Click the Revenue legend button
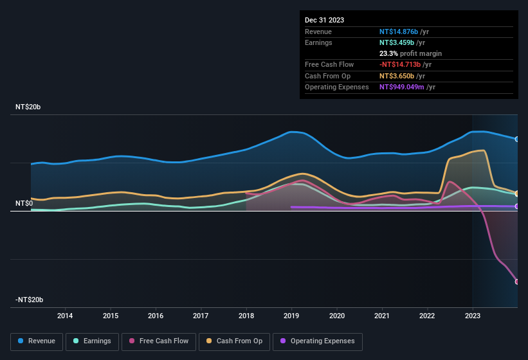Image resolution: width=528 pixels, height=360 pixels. tap(37, 341)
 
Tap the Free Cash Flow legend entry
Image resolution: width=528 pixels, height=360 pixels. tap(158, 341)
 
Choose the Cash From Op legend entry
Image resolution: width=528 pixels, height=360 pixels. tap(235, 341)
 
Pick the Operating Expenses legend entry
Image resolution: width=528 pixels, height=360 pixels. tap(318, 341)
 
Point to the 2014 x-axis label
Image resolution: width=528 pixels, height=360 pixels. tap(65, 316)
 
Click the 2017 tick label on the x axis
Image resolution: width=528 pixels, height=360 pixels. tap(201, 316)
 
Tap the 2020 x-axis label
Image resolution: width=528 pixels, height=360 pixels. tap(336, 316)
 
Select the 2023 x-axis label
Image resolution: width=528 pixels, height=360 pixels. tap(472, 316)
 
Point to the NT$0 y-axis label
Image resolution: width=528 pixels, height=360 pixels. tap(24, 203)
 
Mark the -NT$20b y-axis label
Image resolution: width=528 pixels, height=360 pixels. tap(29, 300)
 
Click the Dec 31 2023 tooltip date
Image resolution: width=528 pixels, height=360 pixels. tap(324, 20)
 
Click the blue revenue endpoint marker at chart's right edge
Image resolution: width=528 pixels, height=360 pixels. tap(517, 139)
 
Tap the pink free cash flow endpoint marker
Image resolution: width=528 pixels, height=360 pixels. tap(517, 282)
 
